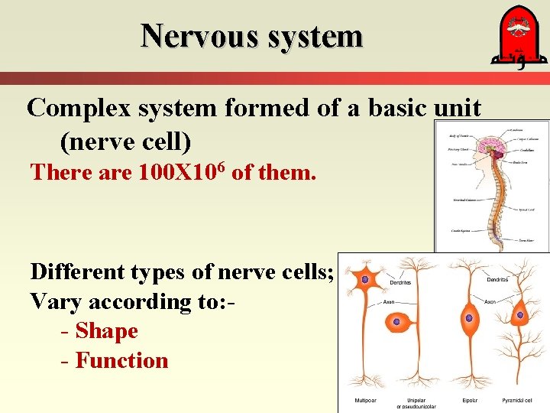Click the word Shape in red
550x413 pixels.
pyautogui.click(x=106, y=331)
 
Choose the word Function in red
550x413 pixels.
pyautogui.click(x=121, y=360)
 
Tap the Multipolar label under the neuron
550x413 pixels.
pyautogui.click(x=365, y=400)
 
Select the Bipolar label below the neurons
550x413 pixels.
pyautogui.click(x=471, y=400)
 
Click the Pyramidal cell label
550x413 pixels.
pyautogui.click(x=522, y=400)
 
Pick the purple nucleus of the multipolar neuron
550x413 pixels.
pyautogui.click(x=365, y=280)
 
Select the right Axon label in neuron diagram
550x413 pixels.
pyautogui.click(x=490, y=302)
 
